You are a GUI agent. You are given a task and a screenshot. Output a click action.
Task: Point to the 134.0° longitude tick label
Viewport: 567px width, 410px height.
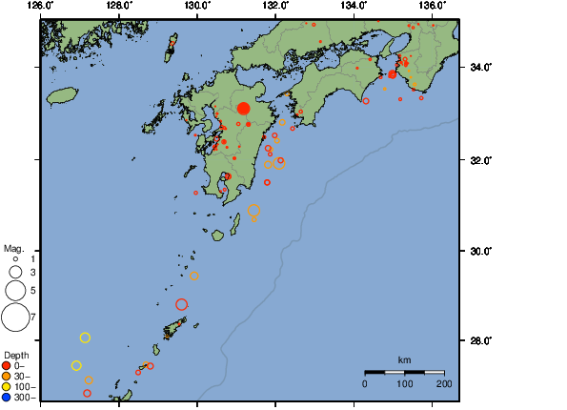tap(354, 6)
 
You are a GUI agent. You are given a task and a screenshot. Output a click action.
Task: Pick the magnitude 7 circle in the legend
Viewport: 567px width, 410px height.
tap(15, 315)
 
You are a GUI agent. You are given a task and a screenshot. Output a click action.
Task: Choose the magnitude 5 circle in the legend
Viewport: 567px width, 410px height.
tap(15, 289)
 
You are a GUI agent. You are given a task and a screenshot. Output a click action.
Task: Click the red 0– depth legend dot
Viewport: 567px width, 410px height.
tap(7, 365)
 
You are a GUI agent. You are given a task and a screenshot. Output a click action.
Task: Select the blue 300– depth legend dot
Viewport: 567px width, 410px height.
tap(7, 397)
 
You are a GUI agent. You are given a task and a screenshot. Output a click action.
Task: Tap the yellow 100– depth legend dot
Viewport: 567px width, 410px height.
tap(7, 386)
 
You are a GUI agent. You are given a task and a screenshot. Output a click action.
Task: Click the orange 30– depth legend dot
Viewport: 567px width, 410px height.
tap(7, 376)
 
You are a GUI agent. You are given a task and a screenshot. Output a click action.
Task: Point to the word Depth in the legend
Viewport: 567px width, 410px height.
tap(16, 355)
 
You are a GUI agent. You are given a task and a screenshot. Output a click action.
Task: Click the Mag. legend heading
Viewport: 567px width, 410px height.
tap(14, 246)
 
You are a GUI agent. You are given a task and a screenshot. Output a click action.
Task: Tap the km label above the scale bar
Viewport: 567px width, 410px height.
tap(404, 359)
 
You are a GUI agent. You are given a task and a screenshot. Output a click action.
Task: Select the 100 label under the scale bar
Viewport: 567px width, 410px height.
tap(404, 383)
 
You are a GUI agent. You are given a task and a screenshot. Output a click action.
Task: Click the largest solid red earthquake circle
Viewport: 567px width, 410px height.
tap(243, 109)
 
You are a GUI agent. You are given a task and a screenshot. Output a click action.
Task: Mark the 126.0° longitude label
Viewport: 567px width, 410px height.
tap(40, 6)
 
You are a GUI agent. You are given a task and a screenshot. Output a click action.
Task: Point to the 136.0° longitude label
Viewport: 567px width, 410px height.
tap(432, 6)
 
